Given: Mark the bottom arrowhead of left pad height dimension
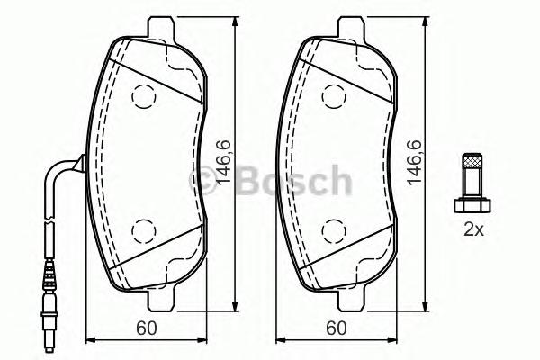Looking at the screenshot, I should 235,301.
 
